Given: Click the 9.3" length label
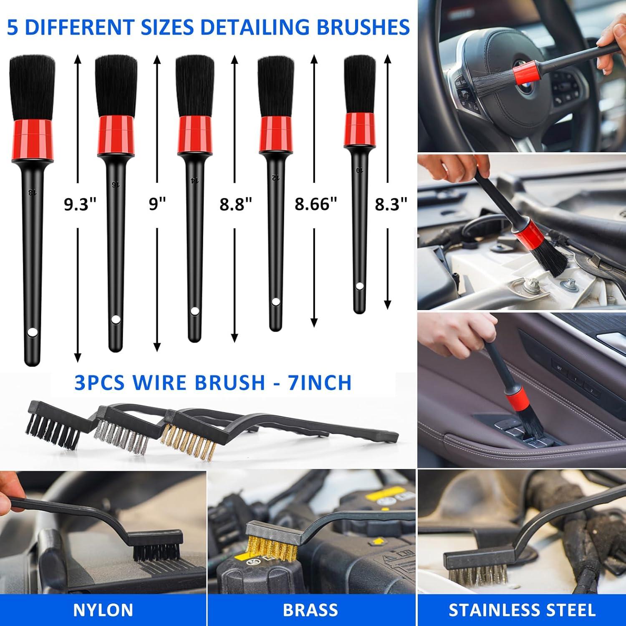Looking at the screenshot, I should pos(80,204).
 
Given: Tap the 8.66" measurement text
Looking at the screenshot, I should pos(316,204).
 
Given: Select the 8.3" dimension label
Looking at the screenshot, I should pos(391,204).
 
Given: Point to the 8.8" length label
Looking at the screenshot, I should pos(236,204).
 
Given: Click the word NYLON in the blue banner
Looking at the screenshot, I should pos(103,610).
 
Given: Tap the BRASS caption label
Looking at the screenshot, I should pos(310,610).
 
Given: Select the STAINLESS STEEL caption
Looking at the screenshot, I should pos(522,610).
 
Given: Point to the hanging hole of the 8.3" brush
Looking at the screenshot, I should pos(359,286).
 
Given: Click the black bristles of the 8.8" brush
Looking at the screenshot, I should pos(194,86).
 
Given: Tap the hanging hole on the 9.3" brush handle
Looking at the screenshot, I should pos(32,333).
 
